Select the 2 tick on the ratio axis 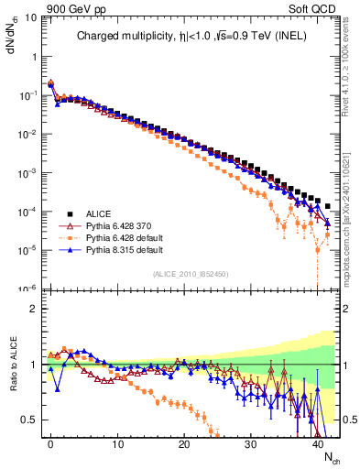(30, 309)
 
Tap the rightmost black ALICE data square (328, 205)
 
